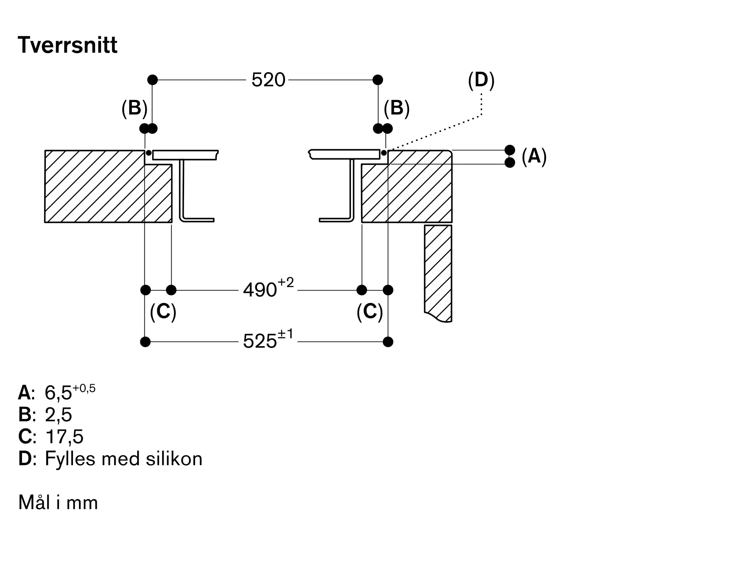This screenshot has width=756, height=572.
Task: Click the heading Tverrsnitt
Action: (68, 45)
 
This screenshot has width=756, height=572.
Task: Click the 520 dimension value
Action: (268, 80)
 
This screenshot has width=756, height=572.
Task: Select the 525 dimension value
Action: (260, 342)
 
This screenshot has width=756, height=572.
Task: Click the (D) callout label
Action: (481, 80)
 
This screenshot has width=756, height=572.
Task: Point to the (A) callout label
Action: (534, 156)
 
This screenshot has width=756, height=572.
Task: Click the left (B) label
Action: (134, 108)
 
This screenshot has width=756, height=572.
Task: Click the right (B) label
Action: (397, 108)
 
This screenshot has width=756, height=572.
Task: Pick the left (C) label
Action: (163, 312)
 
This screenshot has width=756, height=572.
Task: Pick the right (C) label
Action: (370, 312)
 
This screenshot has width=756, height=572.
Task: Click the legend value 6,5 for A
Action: (58, 393)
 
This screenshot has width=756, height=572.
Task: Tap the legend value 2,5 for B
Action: (58, 415)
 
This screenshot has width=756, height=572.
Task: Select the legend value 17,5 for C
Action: (64, 437)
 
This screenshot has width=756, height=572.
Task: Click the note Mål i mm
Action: (58, 503)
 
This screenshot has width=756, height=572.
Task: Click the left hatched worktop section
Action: (94, 187)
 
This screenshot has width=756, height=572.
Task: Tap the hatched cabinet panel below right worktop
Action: (438, 272)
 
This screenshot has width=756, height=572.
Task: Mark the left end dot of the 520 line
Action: (152, 80)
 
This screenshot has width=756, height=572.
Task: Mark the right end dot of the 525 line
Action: (388, 342)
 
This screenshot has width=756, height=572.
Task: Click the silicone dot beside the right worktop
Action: (384, 153)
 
